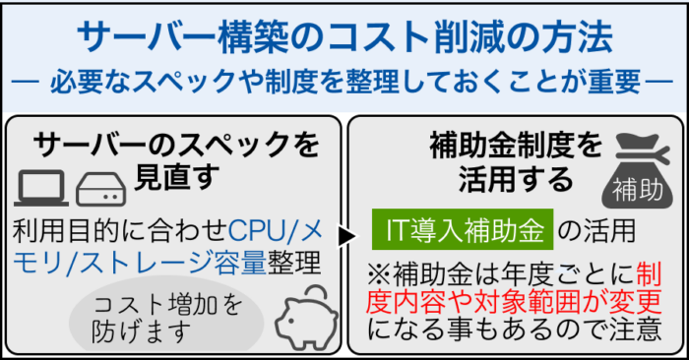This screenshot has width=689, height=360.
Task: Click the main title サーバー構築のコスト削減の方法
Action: coord(344,36)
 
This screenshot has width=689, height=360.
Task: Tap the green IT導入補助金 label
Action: coord(463,232)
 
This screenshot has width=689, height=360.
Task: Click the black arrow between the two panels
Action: coord(344,236)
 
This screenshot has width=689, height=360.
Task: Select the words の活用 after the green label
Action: coord(596,232)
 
